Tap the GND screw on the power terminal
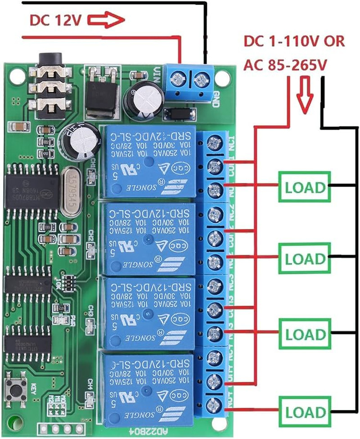coord(200,80)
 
